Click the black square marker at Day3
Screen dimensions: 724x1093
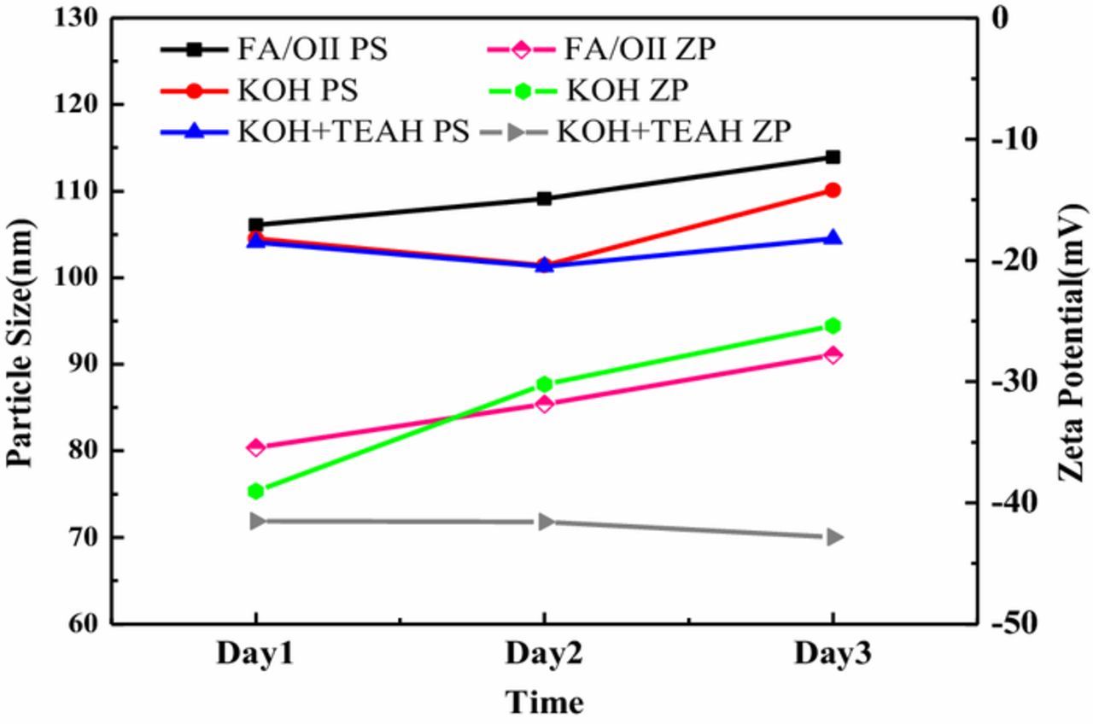[833, 157]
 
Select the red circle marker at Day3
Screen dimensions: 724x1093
[833, 190]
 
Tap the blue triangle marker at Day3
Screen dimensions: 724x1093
[833, 238]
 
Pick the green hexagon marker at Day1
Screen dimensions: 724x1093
[255, 491]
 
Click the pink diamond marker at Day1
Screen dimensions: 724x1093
[255, 447]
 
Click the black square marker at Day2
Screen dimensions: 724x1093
[544, 199]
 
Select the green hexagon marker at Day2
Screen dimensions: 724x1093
[544, 384]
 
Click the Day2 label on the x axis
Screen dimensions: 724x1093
[544, 655]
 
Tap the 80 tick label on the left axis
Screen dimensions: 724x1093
[84, 451]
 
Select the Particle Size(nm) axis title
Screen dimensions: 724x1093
[21, 342]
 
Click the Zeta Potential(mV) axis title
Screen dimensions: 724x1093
[1072, 342]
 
